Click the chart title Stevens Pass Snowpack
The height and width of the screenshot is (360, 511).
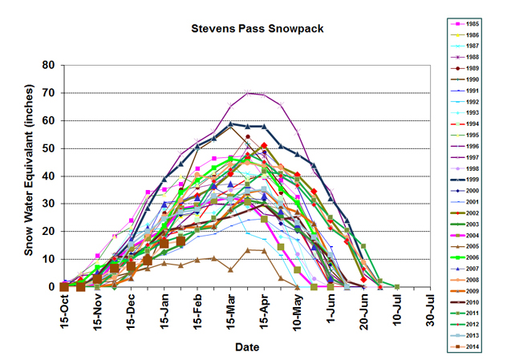click(x=246, y=29)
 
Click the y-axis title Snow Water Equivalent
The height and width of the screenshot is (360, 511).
click(x=29, y=175)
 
